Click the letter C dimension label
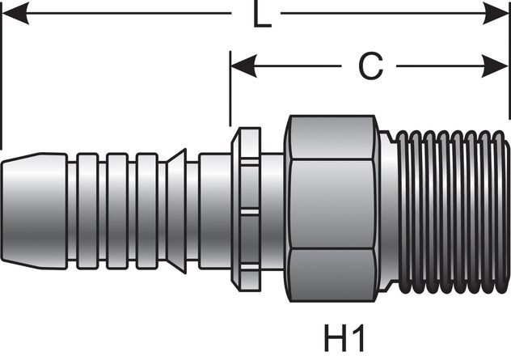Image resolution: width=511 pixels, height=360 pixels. pos(370,67)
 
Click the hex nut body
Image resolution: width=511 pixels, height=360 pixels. pos(332,205)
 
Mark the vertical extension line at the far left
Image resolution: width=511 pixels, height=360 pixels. pos(2,73)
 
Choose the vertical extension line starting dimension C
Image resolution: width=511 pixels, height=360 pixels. pos(230,89)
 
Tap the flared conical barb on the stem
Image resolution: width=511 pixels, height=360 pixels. pos(178,206)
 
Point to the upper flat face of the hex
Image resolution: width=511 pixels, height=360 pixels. pos(332,138)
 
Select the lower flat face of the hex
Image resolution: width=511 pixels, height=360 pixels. pos(332,275)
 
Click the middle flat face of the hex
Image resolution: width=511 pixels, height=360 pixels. pos(332,205)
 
